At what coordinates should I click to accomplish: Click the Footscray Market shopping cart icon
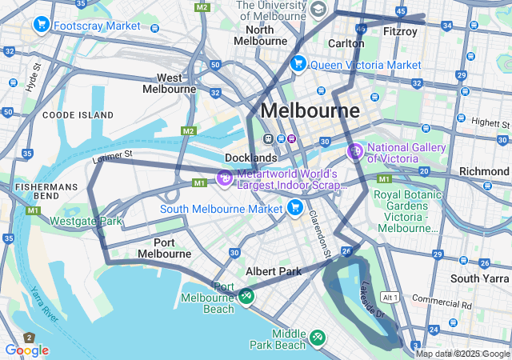[42, 26]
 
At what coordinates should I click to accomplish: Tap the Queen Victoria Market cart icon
[298, 64]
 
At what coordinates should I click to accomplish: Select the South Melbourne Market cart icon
[294, 209]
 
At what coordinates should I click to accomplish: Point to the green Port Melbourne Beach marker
[246, 296]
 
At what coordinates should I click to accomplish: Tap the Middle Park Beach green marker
[318, 338]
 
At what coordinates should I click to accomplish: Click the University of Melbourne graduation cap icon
[318, 10]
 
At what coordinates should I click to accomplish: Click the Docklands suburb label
[250, 158]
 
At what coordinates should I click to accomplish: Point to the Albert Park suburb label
[274, 271]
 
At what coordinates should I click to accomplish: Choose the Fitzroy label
[399, 32]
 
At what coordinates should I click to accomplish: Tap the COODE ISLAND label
[78, 115]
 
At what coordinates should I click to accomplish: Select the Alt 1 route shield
[390, 297]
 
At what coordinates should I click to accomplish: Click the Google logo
[26, 350]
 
